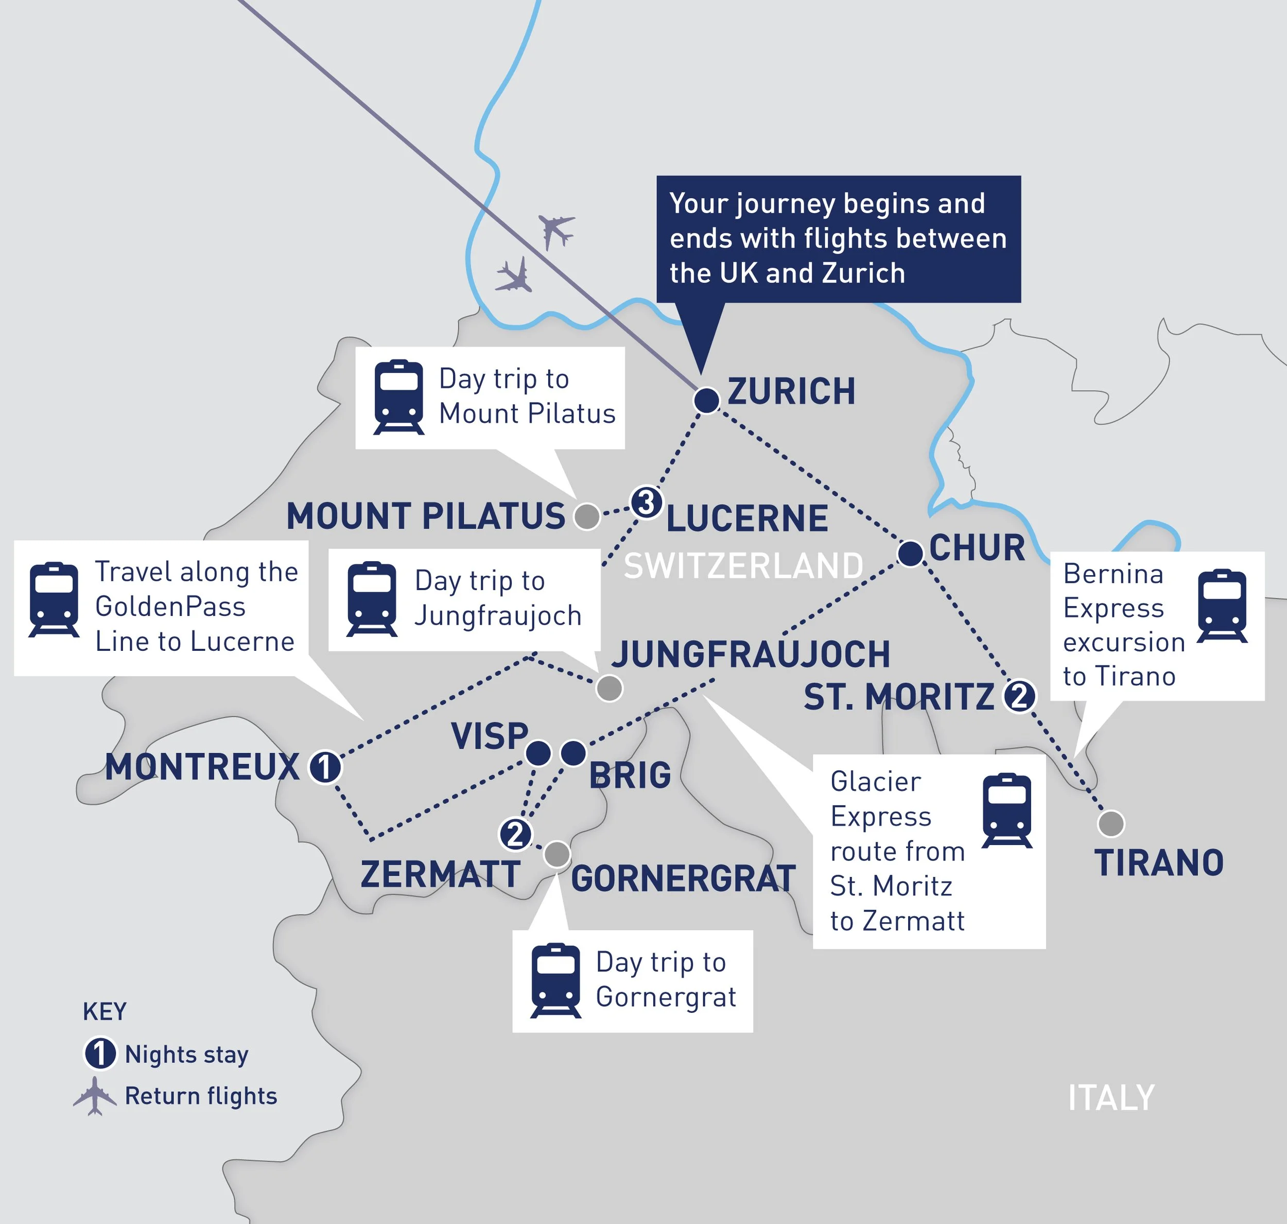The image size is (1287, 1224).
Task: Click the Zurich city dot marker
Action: click(x=706, y=399)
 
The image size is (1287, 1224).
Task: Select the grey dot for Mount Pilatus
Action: click(x=586, y=516)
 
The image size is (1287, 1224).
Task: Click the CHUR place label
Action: click(x=977, y=547)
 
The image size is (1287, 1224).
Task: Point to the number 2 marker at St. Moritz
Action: click(x=1019, y=696)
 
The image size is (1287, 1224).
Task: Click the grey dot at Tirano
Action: click(x=1111, y=823)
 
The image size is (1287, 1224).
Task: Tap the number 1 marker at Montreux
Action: click(x=325, y=767)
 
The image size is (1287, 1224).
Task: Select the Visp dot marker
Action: click(x=538, y=753)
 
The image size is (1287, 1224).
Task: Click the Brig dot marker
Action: click(x=573, y=753)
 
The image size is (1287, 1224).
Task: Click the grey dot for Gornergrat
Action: click(x=557, y=853)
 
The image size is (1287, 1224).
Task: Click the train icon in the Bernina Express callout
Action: click(x=1222, y=606)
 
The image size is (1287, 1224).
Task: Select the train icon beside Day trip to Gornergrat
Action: click(x=555, y=980)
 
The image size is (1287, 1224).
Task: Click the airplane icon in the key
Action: click(x=95, y=1096)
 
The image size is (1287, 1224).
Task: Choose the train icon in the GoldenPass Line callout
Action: click(x=54, y=599)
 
